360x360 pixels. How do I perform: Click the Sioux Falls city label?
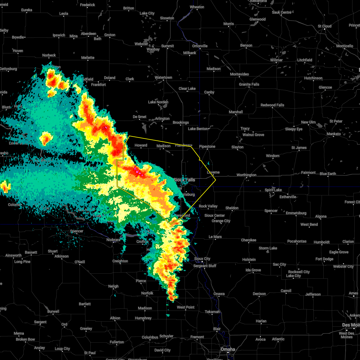click(x=184, y=180)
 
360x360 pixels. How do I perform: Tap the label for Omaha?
click(x=228, y=349)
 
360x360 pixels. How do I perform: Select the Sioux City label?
click(x=202, y=259)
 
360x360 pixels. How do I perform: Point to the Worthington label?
click(x=246, y=175)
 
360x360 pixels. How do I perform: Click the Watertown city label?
click(x=163, y=77)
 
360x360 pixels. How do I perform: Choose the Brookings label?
click(x=181, y=122)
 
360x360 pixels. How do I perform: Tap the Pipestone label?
click(x=207, y=146)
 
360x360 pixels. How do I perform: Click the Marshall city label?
click(x=236, y=112)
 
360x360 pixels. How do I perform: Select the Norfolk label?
click(x=147, y=293)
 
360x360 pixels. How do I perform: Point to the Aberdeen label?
click(x=88, y=34)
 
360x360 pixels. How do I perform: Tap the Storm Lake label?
click(x=268, y=248)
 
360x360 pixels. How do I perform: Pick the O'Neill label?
click(x=79, y=262)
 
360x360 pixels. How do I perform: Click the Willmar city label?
click(x=276, y=60)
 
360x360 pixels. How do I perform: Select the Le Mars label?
click(x=215, y=237)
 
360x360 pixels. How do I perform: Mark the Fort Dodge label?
click(x=324, y=259)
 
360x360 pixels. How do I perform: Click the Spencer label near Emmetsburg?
click(x=271, y=211)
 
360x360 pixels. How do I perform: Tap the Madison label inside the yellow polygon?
click(x=163, y=146)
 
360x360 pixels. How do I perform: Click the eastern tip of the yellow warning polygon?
click(x=216, y=180)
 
